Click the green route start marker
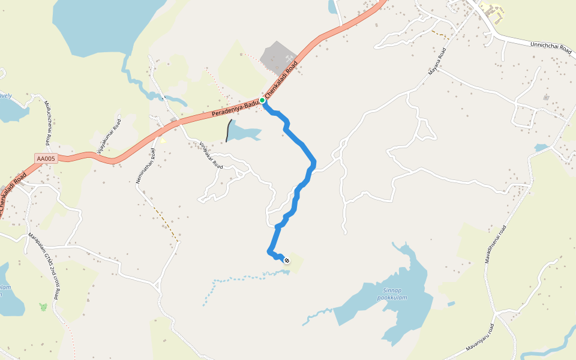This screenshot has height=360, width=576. pos(262,100)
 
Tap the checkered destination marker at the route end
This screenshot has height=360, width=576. pos(287,260)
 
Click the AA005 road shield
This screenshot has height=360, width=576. pos(46,158)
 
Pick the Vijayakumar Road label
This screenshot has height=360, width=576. pos(109,134)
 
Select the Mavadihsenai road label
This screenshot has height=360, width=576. pos(496,245)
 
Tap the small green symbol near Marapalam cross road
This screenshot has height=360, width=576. pos(43,307)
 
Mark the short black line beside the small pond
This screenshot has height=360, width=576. pos(229,131)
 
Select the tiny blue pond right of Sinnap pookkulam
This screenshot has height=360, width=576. pos(451,304)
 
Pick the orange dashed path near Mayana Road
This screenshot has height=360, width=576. pos(440,35)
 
